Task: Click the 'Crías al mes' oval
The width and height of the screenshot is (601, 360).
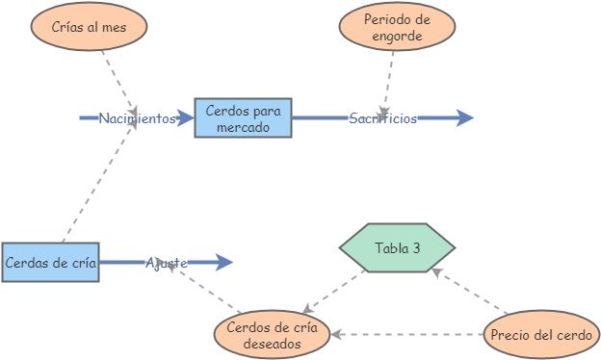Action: [x=90, y=27]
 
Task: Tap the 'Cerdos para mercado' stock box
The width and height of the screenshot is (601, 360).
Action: [x=243, y=118]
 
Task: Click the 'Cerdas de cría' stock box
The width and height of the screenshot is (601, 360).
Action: [x=50, y=262]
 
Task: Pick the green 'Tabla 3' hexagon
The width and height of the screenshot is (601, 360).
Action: [x=397, y=248]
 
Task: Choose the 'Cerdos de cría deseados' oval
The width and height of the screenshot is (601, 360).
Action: [x=272, y=334]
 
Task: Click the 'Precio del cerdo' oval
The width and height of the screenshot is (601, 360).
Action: [x=542, y=335]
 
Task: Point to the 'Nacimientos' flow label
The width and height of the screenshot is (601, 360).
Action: [x=137, y=118]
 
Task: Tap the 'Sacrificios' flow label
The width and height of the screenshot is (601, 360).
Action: [x=382, y=118]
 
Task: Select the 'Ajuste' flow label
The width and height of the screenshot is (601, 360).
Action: [x=167, y=262]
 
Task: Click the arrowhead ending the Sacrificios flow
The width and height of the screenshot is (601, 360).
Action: [x=466, y=118]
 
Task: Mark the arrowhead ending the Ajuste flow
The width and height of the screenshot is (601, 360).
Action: [x=224, y=262]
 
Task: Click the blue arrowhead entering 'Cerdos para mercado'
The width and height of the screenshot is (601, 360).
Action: [x=186, y=118]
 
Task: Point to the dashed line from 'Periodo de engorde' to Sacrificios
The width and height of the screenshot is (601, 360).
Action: [x=390, y=77]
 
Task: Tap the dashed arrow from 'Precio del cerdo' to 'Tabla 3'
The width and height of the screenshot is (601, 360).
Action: [x=472, y=294]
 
